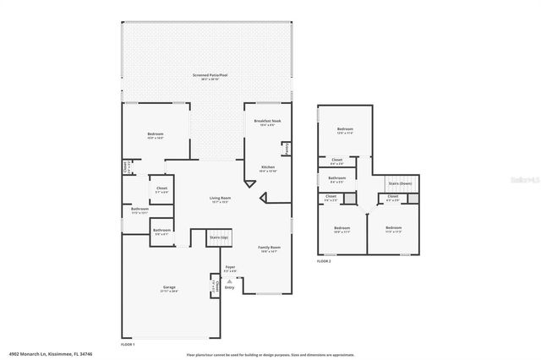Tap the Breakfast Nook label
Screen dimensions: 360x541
tap(268, 121)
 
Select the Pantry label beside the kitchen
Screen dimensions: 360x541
tap(287, 149)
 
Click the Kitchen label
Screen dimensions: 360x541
tap(268, 167)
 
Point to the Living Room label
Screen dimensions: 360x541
tap(220, 199)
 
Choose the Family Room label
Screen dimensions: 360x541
tap(269, 247)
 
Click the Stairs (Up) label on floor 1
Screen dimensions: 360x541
tap(219, 238)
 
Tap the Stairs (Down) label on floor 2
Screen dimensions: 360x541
tap(400, 183)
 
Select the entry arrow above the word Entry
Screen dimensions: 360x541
tap(229, 281)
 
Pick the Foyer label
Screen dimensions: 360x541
tap(230, 267)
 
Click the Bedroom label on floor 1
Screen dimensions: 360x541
tap(155, 134)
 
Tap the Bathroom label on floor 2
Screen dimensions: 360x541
tap(336, 177)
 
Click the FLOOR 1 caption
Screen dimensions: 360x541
tap(128, 345)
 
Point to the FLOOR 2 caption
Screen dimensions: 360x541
tap(324, 261)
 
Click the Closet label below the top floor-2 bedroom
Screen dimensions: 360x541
tap(336, 160)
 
